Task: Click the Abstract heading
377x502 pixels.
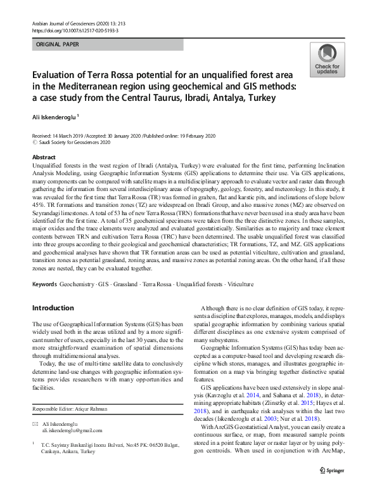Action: tap(43, 157)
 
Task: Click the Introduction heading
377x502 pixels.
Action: tap(53, 308)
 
